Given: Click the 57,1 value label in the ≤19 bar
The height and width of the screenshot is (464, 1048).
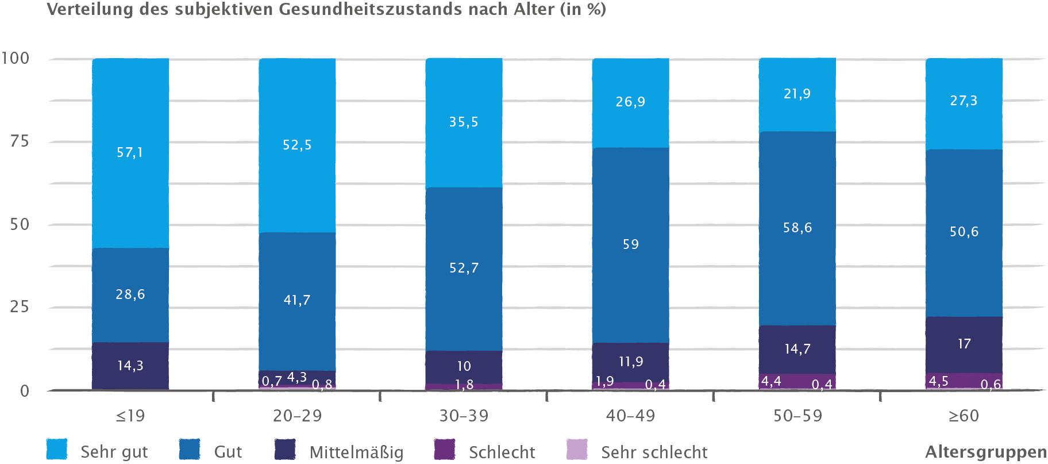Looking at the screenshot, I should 130,152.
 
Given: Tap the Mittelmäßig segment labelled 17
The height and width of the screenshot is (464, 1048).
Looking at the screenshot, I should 964,344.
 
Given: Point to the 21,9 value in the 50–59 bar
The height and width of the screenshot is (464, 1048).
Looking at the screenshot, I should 797,94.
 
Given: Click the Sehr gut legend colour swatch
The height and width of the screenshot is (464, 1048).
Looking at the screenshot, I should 57,450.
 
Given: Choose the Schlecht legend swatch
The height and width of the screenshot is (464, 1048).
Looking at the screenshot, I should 445,450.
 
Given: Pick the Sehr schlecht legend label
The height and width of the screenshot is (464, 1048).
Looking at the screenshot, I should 654,453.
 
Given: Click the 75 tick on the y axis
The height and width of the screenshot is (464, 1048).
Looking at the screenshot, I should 20,141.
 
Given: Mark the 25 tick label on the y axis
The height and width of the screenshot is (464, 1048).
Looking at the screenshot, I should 20,306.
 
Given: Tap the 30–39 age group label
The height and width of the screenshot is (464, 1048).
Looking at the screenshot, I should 464,416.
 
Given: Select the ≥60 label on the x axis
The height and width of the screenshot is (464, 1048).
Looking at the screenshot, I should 964,416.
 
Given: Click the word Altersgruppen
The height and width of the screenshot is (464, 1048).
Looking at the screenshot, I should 985,453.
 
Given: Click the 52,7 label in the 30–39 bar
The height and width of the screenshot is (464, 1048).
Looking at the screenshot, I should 464,268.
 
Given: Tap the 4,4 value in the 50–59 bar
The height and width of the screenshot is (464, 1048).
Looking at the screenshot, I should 771,381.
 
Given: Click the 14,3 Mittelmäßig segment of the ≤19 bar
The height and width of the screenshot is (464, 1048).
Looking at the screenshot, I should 130,366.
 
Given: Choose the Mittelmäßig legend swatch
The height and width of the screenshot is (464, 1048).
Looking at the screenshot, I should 285,450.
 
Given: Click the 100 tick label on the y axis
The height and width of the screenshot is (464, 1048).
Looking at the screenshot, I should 16,58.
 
